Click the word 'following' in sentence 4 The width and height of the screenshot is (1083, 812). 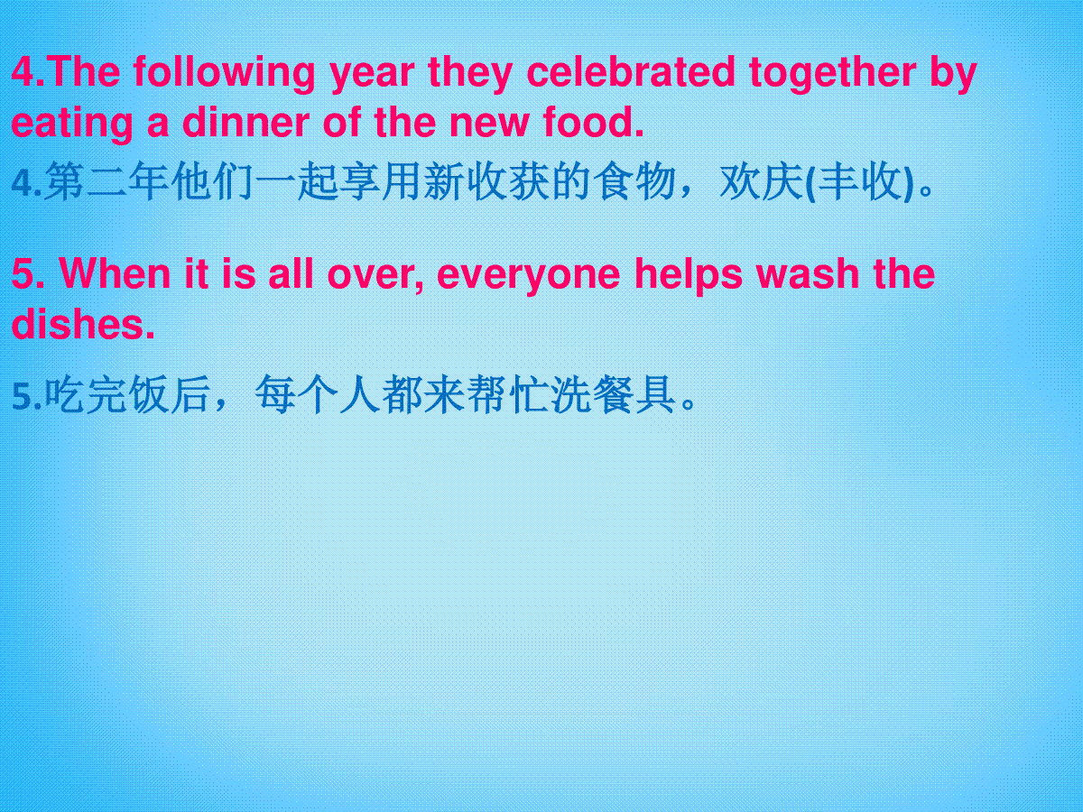coord(224,73)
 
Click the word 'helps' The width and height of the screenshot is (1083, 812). coord(688,275)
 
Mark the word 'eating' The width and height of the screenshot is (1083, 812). coord(72,124)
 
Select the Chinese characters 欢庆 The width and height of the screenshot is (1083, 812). coord(762,181)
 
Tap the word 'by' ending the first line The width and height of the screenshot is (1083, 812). coord(953,74)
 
